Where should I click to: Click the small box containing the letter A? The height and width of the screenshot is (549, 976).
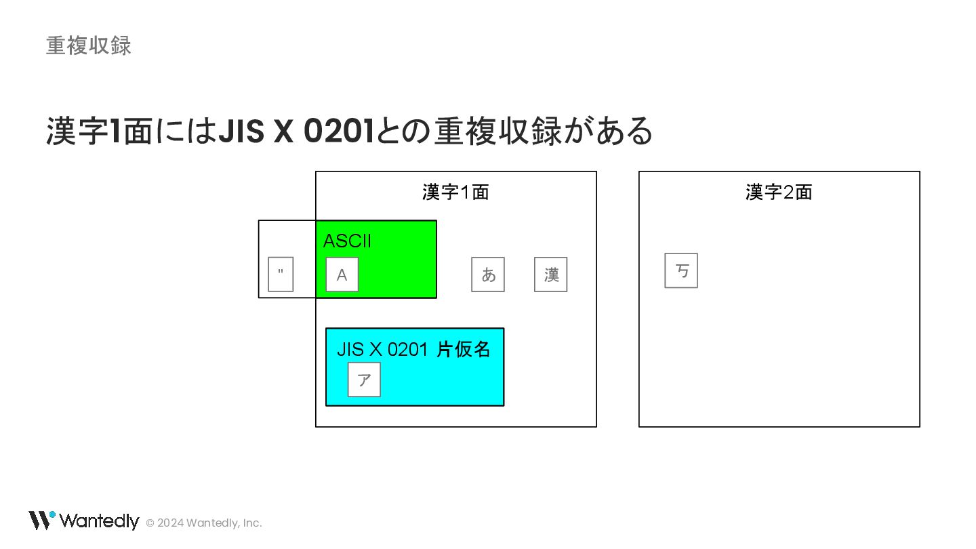click(342, 274)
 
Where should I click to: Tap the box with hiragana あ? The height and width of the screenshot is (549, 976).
click(488, 274)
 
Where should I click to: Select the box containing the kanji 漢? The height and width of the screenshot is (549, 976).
click(550, 274)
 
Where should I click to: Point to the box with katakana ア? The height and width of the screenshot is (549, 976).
click(364, 380)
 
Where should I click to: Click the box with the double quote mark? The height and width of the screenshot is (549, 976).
click(281, 274)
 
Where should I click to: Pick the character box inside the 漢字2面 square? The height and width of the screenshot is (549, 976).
click(681, 270)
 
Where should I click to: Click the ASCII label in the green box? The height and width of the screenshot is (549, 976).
click(347, 241)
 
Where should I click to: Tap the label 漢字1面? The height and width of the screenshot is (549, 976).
click(455, 192)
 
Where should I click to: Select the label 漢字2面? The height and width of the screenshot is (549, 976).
click(779, 192)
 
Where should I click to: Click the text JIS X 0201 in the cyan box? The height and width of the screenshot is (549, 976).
click(382, 350)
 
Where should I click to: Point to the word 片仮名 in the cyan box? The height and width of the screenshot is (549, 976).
click(463, 350)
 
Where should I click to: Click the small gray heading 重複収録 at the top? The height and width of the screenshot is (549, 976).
click(88, 45)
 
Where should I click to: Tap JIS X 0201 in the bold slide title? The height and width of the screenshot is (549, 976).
click(296, 131)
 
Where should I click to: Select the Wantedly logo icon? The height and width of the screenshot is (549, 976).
click(41, 520)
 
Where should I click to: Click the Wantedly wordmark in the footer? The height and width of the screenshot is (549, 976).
click(99, 521)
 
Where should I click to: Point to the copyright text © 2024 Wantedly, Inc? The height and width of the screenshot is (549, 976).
click(204, 523)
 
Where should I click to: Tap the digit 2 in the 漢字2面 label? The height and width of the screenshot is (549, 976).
click(788, 192)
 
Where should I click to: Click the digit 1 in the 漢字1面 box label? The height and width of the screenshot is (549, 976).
click(465, 192)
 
